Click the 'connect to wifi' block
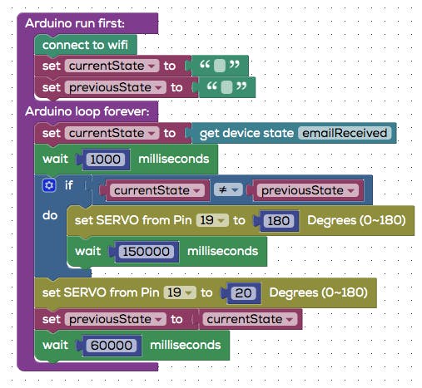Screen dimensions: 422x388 click(x=86, y=45)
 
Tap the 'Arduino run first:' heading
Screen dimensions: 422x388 click(x=75, y=23)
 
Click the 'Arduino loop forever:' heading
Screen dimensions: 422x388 click(x=87, y=111)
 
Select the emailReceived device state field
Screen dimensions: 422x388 click(x=345, y=133)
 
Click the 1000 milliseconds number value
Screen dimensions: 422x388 click(x=105, y=160)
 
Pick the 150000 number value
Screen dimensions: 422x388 click(x=146, y=252)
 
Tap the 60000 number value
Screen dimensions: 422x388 click(x=112, y=346)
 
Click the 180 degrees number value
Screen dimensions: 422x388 click(x=278, y=221)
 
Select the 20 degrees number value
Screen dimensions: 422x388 click(x=243, y=293)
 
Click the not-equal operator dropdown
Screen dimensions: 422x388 click(x=228, y=190)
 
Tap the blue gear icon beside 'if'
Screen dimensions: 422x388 click(x=49, y=185)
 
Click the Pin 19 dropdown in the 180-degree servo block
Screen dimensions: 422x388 click(x=212, y=220)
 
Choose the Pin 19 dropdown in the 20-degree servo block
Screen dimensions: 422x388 click(x=180, y=292)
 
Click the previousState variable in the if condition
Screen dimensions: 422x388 click(x=307, y=190)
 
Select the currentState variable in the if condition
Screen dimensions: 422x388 click(x=156, y=190)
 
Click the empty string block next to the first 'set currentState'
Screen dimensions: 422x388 click(x=220, y=66)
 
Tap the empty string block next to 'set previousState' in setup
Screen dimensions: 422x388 click(x=227, y=87)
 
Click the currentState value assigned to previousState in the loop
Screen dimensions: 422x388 click(x=250, y=319)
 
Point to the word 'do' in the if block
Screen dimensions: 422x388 click(x=50, y=215)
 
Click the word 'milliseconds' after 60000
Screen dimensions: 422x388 click(x=186, y=345)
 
